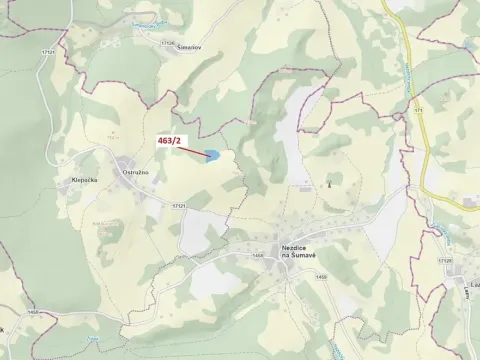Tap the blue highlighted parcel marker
pyautogui.click(x=212, y=155)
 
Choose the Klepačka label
pyautogui.click(x=83, y=180)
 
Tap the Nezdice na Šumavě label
pyautogui.click(x=297, y=253)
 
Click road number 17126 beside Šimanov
pyautogui.click(x=166, y=42)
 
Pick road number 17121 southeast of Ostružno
pyautogui.click(x=179, y=205)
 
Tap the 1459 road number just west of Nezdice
pyautogui.click(x=258, y=256)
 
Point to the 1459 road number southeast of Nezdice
pyautogui.click(x=320, y=277)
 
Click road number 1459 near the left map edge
pyautogui.click(x=34, y=314)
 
